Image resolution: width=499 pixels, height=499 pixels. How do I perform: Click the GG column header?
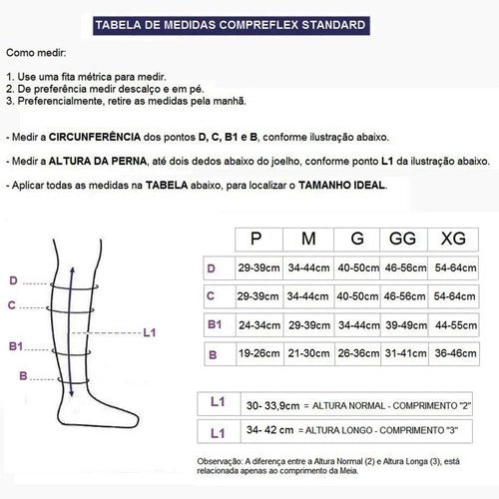402,239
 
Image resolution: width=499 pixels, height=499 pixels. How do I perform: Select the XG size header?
453,239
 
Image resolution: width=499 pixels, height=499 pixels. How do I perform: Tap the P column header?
255,239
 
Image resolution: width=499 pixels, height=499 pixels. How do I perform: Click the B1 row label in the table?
215,324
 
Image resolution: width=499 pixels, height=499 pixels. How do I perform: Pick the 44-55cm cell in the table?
456,325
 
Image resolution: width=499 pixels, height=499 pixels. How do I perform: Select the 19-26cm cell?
259,353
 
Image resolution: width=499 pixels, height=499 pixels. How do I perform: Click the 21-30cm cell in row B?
308,353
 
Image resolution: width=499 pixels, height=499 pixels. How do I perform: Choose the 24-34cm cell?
259,325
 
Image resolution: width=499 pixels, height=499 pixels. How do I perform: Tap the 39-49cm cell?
406,325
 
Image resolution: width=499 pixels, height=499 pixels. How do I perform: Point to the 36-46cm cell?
455,353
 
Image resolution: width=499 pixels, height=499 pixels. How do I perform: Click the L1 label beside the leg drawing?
150,332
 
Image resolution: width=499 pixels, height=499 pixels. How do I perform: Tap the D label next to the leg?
13,280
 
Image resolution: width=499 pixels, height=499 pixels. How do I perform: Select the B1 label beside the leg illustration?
16,346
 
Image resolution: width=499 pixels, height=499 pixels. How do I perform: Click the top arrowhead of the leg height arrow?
72,269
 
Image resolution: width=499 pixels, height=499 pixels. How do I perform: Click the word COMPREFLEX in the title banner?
258,25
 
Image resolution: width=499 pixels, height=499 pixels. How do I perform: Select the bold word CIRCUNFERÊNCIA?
95,137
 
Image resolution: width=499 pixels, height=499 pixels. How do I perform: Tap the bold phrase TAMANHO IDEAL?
341,185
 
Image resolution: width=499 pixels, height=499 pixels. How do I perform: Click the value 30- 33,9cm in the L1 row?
272,406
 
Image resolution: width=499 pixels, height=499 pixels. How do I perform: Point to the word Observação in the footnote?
220,462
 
